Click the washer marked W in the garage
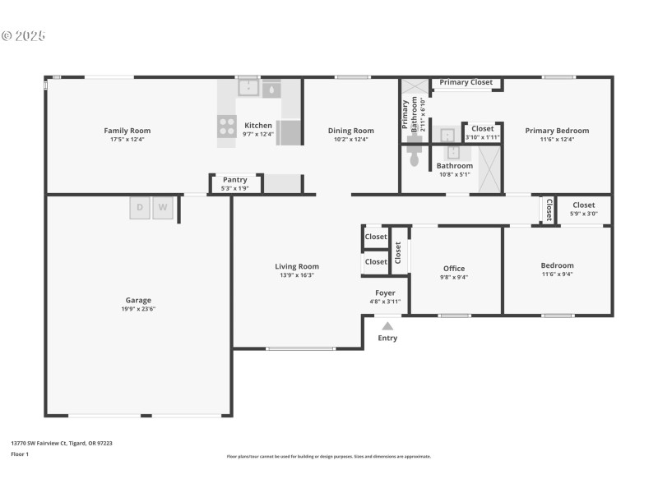pos(163,209)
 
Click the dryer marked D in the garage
pos(140,209)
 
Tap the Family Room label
pos(127,131)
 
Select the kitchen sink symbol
pos(249,87)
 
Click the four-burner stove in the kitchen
pos(226,126)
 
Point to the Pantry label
pos(234,180)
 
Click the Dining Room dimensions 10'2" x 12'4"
pos(350,140)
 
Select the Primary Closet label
pos(466,83)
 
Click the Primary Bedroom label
pos(557,131)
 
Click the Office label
pos(454,269)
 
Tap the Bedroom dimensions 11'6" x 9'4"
pos(557,274)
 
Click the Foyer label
pos(385,293)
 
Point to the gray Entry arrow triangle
pos(387,326)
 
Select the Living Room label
pos(296,266)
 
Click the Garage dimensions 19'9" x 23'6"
pos(138,309)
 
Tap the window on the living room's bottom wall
pos(300,349)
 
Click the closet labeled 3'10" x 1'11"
pos(482,137)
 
